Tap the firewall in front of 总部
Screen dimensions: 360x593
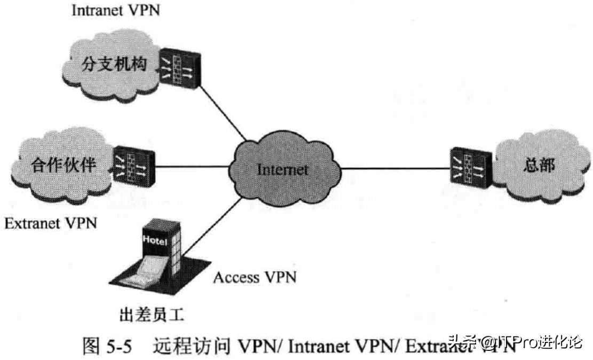[469, 165]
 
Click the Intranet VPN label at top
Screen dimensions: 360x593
[115, 11]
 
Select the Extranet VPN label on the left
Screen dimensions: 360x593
[51, 223]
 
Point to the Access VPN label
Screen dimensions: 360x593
[254, 278]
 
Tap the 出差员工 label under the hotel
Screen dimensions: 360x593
[152, 315]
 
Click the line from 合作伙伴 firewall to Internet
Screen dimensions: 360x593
[192, 166]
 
